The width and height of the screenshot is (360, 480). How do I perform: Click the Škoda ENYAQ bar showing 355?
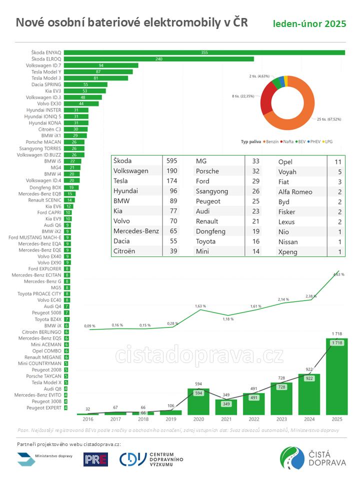coord(204,52)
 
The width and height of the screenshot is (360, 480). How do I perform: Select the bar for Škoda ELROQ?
coord(158,59)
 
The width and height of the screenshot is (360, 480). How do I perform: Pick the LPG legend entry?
coord(328,141)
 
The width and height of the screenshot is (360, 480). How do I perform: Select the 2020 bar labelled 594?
coord(198,401)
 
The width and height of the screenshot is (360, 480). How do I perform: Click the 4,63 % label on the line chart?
coord(338,274)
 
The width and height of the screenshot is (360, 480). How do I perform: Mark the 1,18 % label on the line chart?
coord(228,318)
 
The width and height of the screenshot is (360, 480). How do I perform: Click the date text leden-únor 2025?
coord(309,24)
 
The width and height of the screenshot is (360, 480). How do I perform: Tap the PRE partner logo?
coord(95,459)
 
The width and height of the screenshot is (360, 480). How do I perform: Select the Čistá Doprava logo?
coord(313,459)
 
